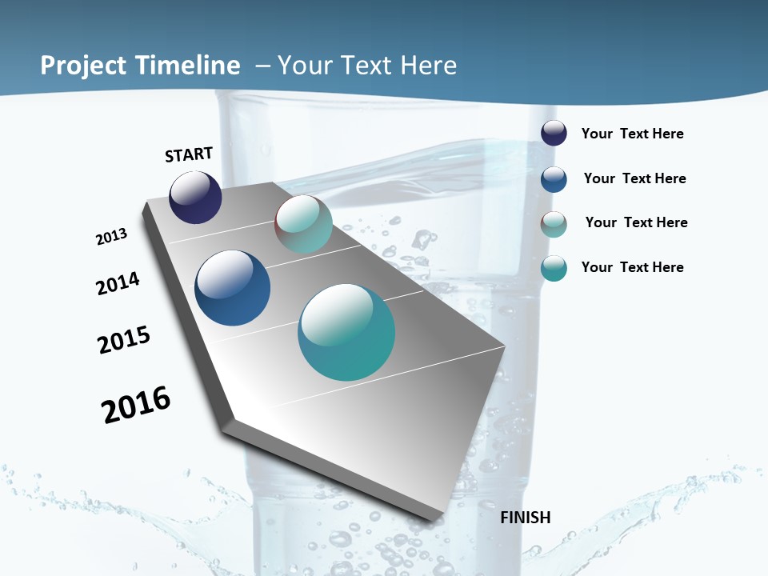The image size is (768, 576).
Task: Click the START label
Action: (x=189, y=154)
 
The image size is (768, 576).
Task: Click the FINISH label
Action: (x=525, y=518)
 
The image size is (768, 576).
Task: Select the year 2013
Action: (x=111, y=237)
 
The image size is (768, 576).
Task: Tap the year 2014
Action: (x=118, y=283)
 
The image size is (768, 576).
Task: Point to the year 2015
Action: (x=124, y=339)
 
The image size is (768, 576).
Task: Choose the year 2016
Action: (x=136, y=404)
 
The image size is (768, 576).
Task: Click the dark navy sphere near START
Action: (x=195, y=197)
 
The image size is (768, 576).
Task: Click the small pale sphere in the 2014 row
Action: (x=303, y=224)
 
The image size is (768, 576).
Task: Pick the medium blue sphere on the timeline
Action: (x=232, y=288)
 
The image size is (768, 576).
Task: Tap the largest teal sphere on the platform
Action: (x=346, y=332)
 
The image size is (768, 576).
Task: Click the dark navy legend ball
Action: (x=554, y=133)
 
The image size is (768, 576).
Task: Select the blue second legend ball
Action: (x=554, y=179)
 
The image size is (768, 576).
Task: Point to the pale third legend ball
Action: (x=554, y=224)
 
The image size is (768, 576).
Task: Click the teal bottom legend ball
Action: (x=554, y=269)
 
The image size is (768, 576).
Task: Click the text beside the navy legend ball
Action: (x=632, y=134)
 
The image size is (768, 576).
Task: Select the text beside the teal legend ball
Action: (x=632, y=267)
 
